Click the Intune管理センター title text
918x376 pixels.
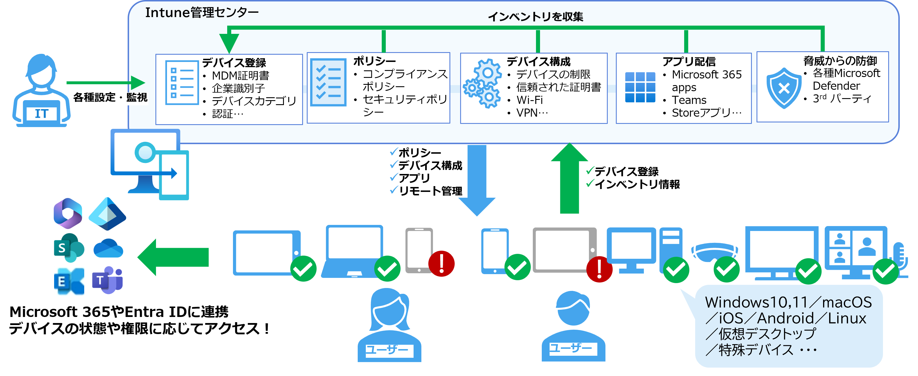click(x=202, y=12)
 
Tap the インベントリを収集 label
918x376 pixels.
click(x=535, y=16)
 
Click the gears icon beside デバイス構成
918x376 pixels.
click(x=482, y=83)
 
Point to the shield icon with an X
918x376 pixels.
click(x=784, y=88)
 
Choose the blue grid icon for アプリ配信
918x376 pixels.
click(x=640, y=87)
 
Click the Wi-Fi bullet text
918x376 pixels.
click(x=530, y=100)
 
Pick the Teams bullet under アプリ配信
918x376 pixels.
click(x=689, y=100)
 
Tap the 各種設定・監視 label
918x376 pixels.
click(x=110, y=97)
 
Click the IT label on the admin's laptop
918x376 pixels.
click(x=41, y=114)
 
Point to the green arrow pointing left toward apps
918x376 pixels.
click(x=174, y=257)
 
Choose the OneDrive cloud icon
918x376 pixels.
click(x=108, y=248)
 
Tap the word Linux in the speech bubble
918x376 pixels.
click(x=847, y=318)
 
